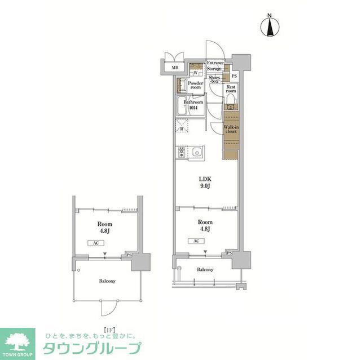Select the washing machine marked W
coord(195,73)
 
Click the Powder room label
coord(195,85)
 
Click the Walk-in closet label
coord(231,130)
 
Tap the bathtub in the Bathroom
coord(182,105)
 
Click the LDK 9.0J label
coord(204,184)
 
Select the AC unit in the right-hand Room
coord(196,241)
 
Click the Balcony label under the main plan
coord(205,270)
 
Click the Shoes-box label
coord(214,79)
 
